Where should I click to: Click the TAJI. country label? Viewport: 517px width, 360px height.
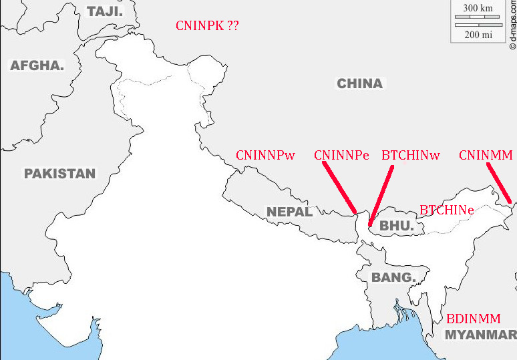(x=106, y=11)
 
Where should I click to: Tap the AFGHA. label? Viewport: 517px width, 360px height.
(x=37, y=65)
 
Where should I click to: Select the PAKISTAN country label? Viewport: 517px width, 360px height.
(x=60, y=174)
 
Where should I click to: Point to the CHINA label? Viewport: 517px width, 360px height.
(x=359, y=83)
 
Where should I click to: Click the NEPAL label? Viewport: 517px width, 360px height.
(x=289, y=212)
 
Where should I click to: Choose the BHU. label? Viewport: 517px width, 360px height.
(x=396, y=226)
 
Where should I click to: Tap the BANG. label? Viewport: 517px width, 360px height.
(x=393, y=277)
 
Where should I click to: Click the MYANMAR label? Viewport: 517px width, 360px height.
(x=480, y=334)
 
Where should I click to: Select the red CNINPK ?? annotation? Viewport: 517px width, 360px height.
(x=207, y=26)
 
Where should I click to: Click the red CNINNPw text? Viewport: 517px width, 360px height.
(x=265, y=156)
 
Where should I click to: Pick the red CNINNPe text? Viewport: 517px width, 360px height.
(x=341, y=156)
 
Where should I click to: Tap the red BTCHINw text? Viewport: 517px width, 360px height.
(x=411, y=156)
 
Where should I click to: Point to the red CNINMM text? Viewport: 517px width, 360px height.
(x=486, y=156)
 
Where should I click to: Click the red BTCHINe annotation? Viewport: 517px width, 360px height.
(x=446, y=210)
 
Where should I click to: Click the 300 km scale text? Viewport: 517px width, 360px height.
(x=478, y=9)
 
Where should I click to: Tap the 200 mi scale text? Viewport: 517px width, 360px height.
(x=478, y=34)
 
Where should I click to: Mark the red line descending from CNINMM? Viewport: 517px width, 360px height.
(x=499, y=182)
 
